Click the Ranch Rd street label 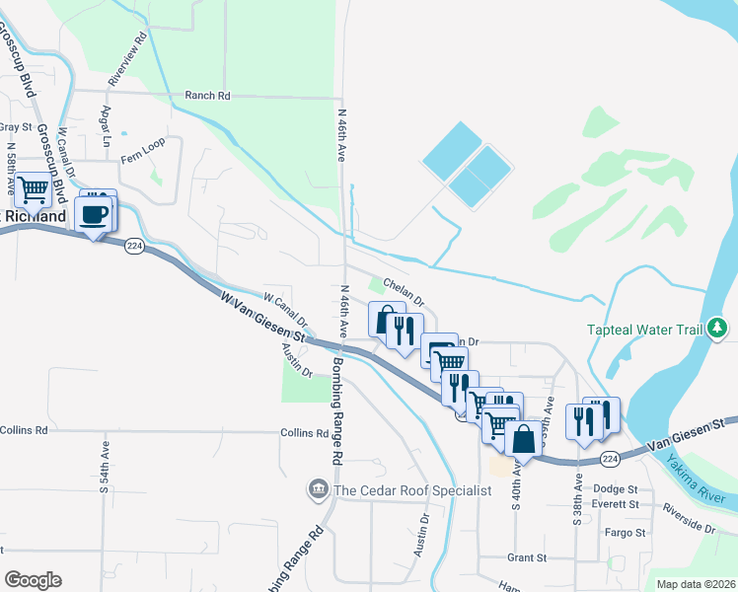pyautogui.click(x=207, y=96)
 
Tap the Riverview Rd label pyautogui.click(x=128, y=57)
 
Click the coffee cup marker pyautogui.click(x=95, y=215)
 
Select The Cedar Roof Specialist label pyautogui.click(x=412, y=490)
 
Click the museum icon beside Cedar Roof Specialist pyautogui.click(x=319, y=489)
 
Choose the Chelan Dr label pyautogui.click(x=403, y=290)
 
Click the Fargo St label pyautogui.click(x=626, y=533)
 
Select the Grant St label pyautogui.click(x=526, y=558)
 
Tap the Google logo pyautogui.click(x=33, y=580)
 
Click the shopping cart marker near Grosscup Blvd pyautogui.click(x=33, y=188)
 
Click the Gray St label pyautogui.click(x=16, y=126)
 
